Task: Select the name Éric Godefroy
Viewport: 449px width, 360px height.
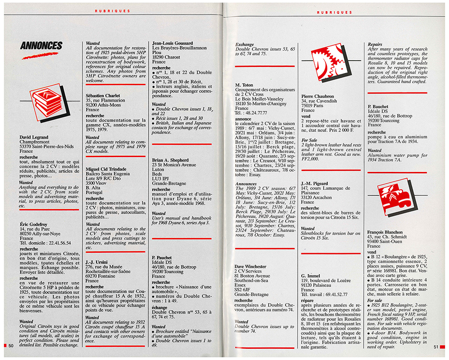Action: pos(34,224)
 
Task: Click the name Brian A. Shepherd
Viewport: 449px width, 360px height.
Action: pos(174,160)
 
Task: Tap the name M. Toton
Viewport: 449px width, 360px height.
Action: pos(244,85)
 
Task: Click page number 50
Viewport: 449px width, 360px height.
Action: pos(11,346)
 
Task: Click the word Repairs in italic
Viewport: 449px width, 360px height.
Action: pos(375,45)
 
